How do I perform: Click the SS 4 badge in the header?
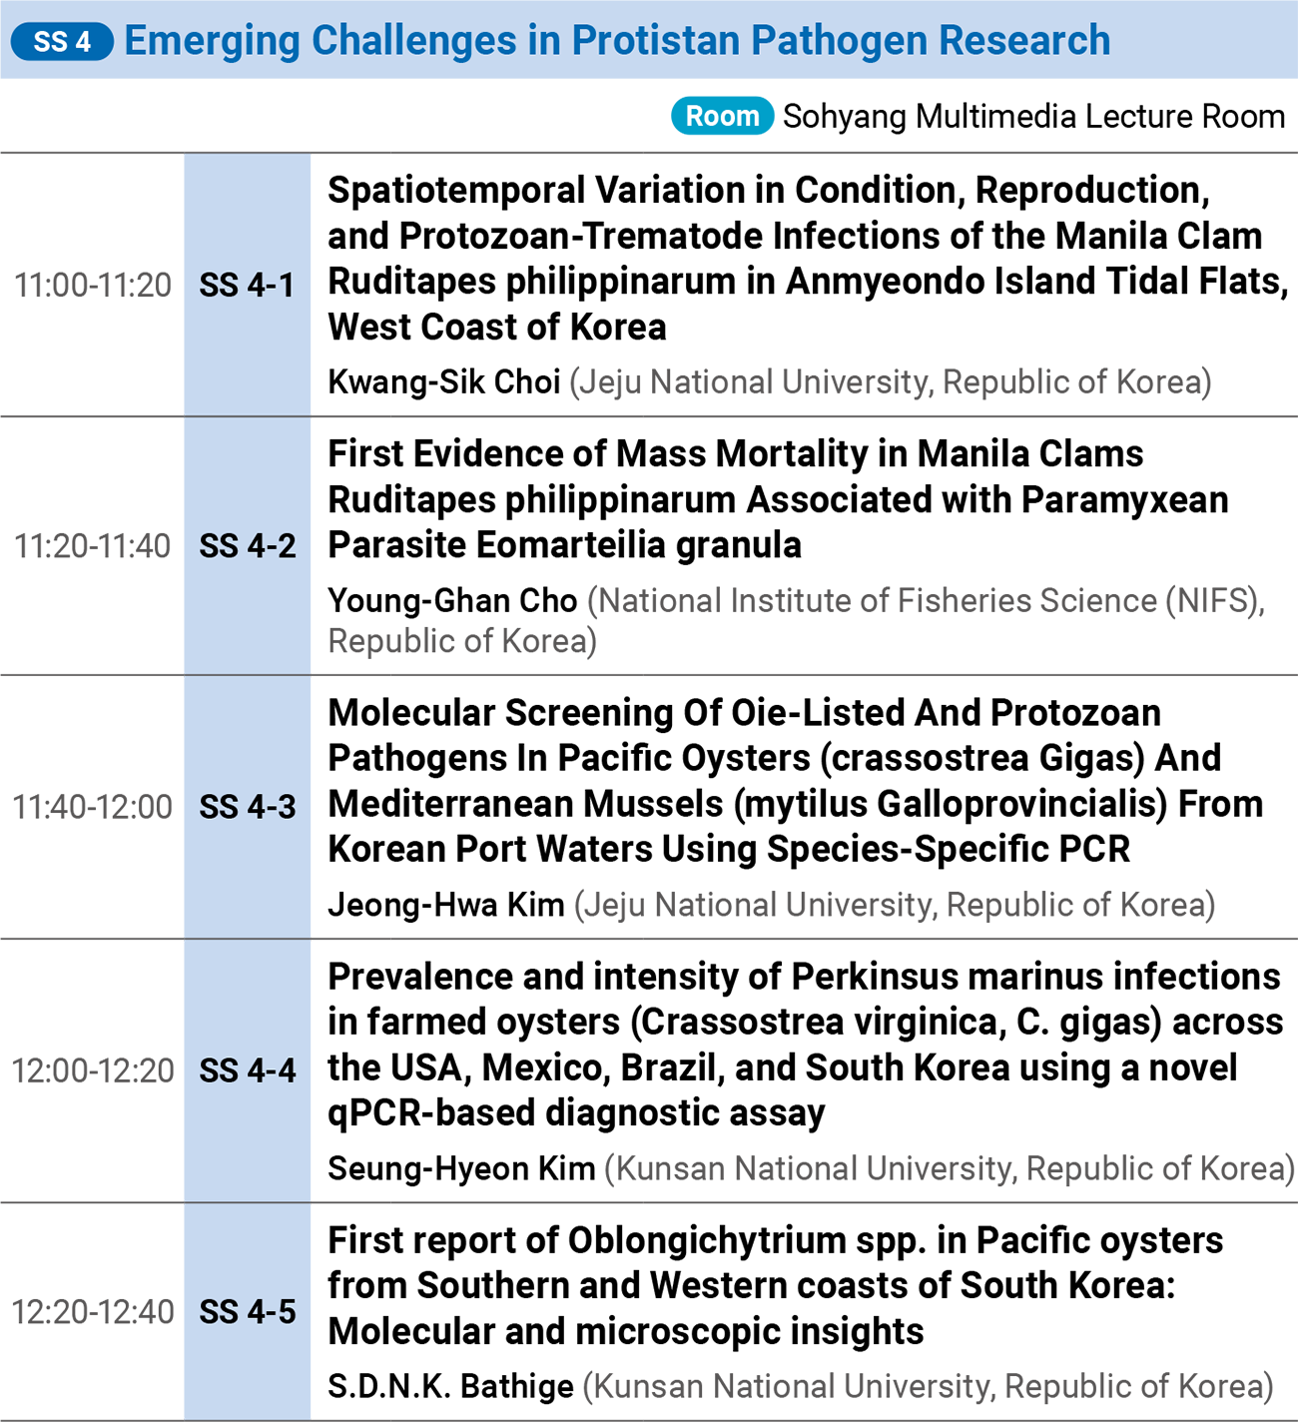(62, 41)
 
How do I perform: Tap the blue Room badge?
(722, 116)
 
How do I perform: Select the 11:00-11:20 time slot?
(93, 285)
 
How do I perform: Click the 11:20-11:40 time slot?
(93, 546)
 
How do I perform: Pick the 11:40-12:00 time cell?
(93, 807)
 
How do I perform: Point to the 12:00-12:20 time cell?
(93, 1070)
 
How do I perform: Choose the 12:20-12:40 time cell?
(93, 1311)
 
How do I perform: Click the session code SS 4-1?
(247, 285)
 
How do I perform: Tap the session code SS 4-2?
(248, 546)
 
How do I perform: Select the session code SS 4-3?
(248, 807)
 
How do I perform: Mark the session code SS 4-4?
(248, 1070)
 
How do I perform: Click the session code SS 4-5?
(248, 1311)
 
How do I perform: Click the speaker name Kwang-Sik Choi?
(443, 382)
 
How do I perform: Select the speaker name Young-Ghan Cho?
(452, 600)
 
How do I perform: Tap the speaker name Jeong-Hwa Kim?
(446, 906)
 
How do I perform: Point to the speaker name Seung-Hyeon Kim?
(461, 1169)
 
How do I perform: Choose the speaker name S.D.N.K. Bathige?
(451, 1387)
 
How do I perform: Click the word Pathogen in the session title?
(839, 40)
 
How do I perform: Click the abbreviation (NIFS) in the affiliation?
(1211, 601)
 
